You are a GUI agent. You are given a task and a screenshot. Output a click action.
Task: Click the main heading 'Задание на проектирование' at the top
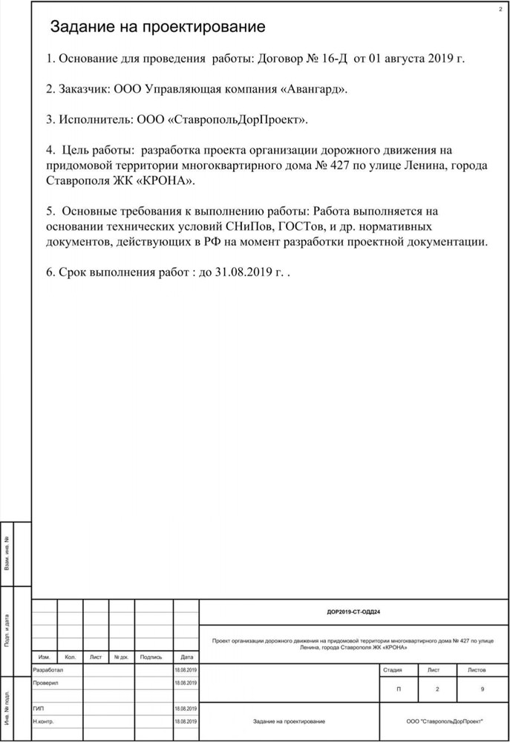157,28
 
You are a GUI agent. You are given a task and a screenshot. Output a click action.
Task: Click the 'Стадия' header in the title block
393,669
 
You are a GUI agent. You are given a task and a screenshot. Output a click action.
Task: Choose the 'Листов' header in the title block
477,669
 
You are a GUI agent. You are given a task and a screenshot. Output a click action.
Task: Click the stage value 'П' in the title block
399,690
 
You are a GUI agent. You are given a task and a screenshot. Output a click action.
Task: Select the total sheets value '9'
483,690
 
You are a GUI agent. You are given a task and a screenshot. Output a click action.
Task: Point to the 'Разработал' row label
48,669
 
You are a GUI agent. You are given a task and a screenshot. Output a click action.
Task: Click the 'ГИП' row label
39,708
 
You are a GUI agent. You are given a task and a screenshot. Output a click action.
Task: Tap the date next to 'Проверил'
186,683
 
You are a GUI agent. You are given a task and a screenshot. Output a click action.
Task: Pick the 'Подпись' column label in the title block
151,657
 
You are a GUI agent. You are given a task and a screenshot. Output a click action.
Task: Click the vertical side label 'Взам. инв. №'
7,554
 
